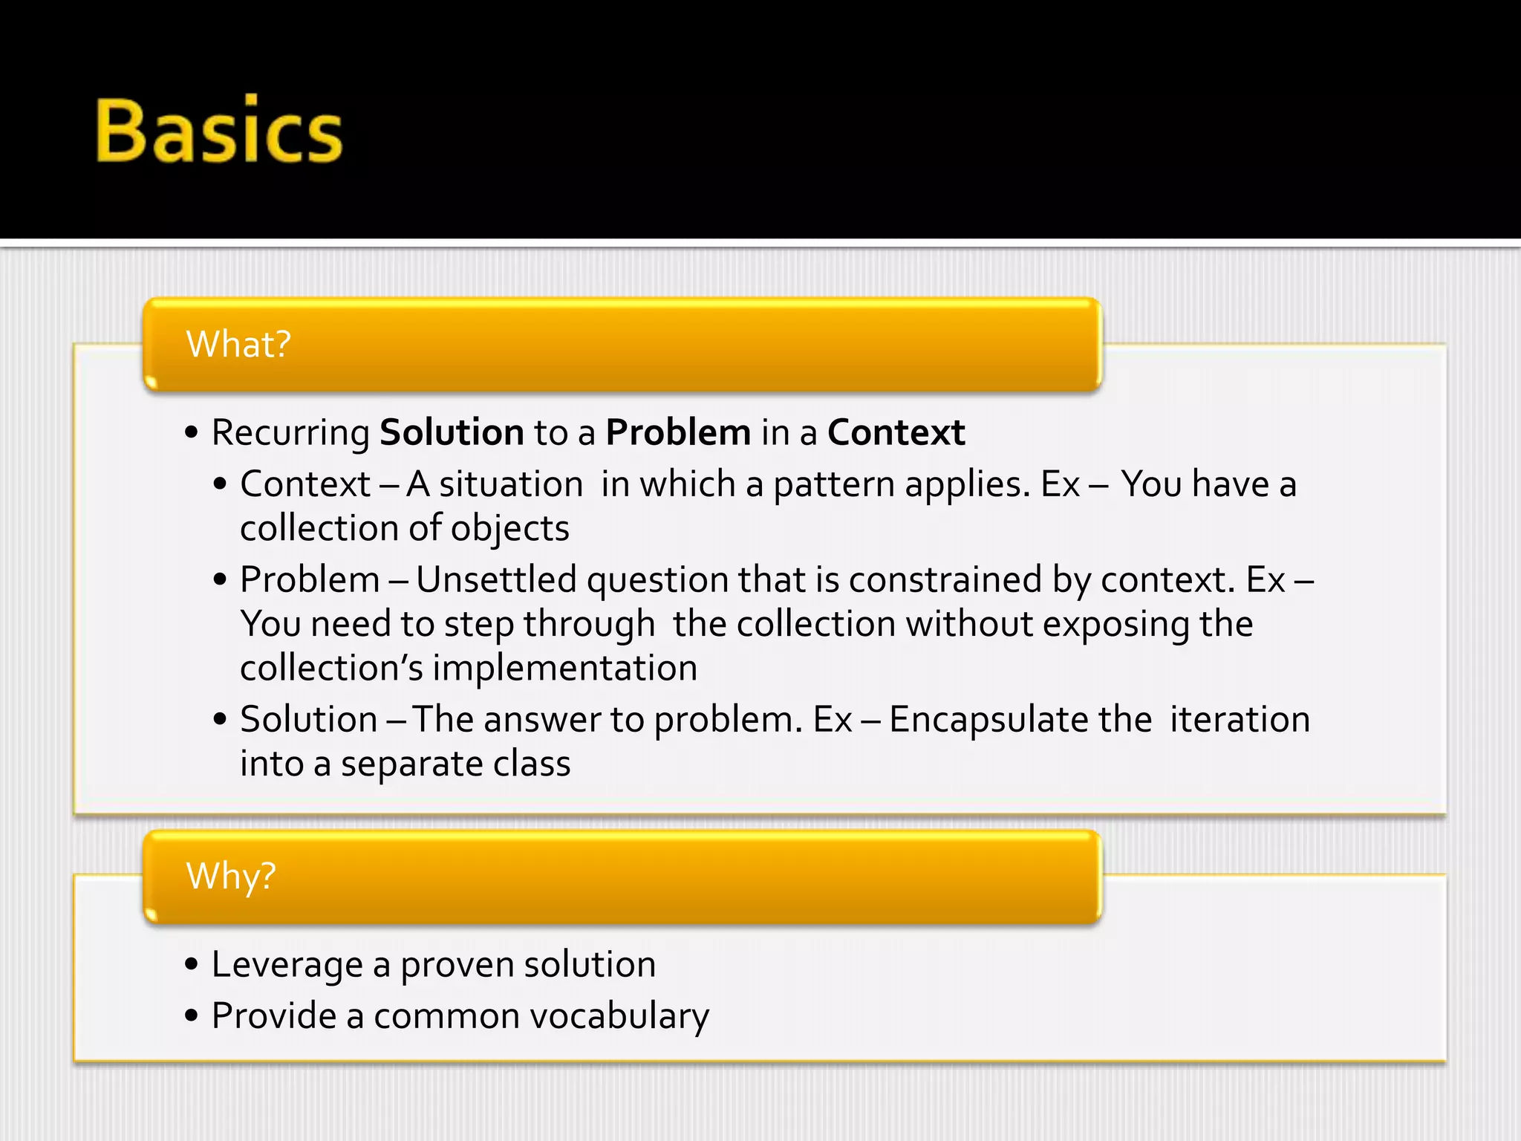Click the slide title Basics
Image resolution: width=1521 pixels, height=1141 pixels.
click(x=219, y=131)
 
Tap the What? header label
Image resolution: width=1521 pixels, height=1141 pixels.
click(x=238, y=344)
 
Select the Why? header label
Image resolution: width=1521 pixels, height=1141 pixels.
click(x=231, y=876)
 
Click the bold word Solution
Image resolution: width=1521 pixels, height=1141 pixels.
click(x=452, y=432)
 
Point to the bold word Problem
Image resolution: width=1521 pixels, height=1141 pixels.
click(x=678, y=432)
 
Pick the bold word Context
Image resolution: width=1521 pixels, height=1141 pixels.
click(x=896, y=432)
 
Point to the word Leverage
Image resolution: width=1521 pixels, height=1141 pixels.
click(x=287, y=965)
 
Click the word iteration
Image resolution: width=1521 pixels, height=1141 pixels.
click(x=1240, y=720)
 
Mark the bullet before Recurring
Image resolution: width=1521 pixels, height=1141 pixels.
click(x=192, y=433)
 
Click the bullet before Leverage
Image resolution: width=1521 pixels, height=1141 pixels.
click(x=192, y=965)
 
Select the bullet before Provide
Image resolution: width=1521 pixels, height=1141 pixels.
click(x=192, y=1015)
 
